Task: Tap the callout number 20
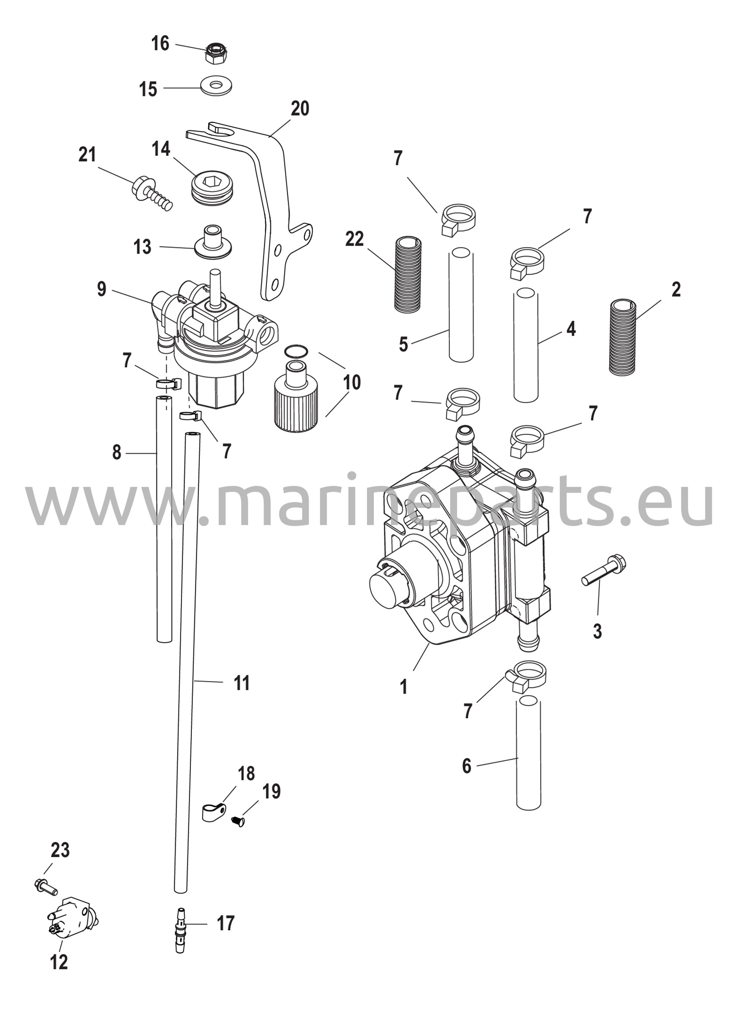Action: point(299,108)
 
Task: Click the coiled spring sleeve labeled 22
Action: point(408,274)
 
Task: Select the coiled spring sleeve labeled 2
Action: point(623,337)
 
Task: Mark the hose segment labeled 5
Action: point(461,305)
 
